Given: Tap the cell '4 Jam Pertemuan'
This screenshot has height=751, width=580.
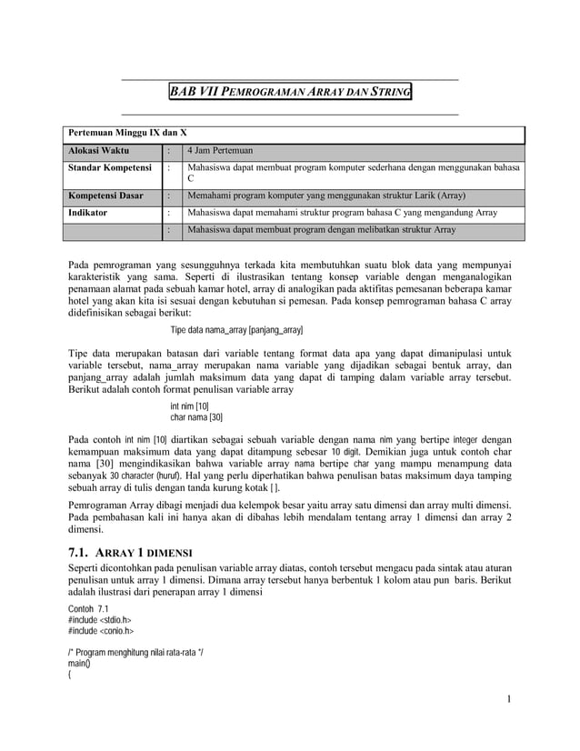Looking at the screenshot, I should (218, 150).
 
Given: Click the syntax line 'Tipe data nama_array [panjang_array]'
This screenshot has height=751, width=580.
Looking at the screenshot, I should (237, 328).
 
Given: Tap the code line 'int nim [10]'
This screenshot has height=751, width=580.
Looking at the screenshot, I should (190, 406).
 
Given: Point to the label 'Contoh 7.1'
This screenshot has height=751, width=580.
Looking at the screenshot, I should (89, 607).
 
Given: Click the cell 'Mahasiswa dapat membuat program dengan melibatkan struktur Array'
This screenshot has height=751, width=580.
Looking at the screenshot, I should (320, 231).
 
